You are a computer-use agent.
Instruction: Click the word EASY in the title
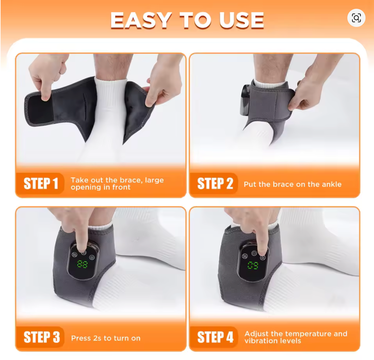(141, 20)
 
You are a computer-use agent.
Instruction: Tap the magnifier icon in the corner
(356, 18)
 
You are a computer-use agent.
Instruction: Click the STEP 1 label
(41, 183)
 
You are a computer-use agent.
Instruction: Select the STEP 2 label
(215, 183)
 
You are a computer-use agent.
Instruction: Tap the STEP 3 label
(42, 337)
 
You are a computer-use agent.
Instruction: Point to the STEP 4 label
(215, 337)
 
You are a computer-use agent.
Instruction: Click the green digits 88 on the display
(82, 264)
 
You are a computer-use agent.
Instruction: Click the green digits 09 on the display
(253, 265)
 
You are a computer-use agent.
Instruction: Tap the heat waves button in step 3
(75, 255)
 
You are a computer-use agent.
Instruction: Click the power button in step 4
(254, 253)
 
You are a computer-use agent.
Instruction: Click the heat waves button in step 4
(245, 256)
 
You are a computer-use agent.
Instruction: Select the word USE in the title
(241, 20)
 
